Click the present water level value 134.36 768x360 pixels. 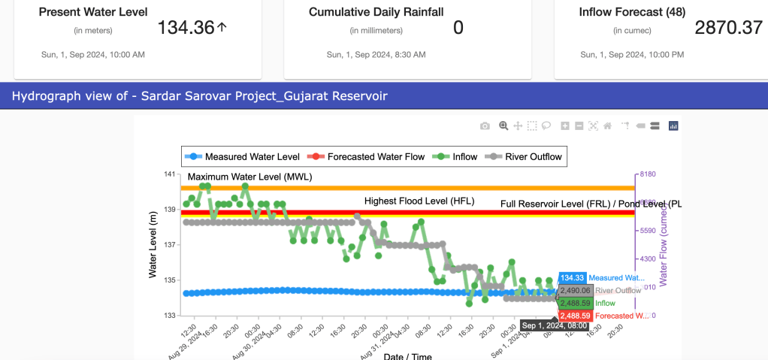click(185, 28)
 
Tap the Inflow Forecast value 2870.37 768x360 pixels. click(728, 28)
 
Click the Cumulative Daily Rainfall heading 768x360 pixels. click(376, 12)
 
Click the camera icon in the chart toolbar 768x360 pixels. click(485, 126)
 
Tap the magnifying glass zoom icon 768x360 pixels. click(503, 126)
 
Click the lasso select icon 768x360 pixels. click(547, 126)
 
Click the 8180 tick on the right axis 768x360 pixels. click(646, 174)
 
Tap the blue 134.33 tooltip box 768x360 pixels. click(573, 277)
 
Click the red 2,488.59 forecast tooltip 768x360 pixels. click(576, 316)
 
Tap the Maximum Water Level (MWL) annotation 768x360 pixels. click(249, 177)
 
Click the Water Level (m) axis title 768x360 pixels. click(153, 244)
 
